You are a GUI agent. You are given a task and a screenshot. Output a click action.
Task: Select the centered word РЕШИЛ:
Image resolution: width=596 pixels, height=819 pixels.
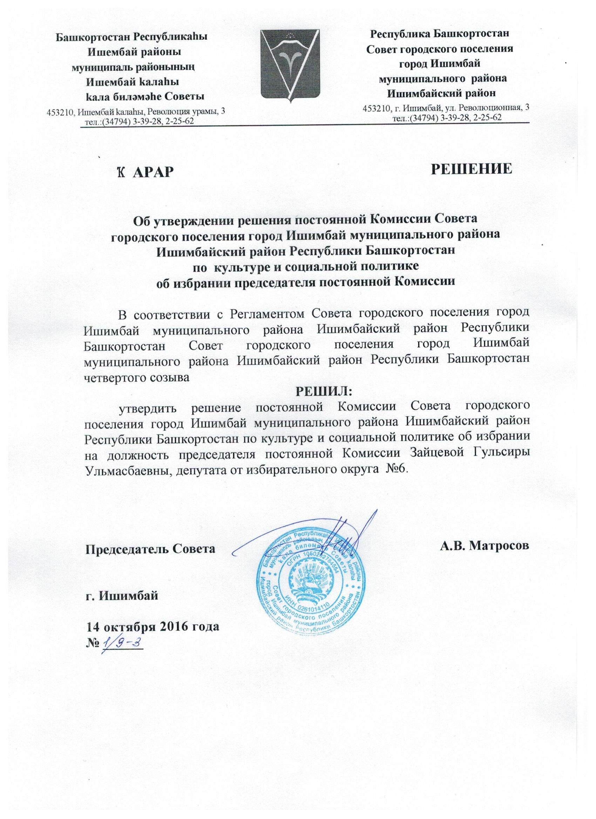(324, 391)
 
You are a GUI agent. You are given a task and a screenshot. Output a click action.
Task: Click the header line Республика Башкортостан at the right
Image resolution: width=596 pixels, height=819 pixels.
(440, 34)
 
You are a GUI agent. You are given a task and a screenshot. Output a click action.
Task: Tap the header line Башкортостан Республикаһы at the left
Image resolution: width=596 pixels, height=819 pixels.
(133, 37)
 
